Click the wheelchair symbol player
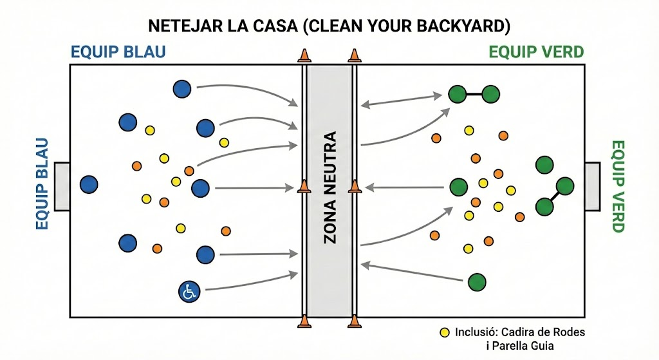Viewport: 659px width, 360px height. (x=189, y=292)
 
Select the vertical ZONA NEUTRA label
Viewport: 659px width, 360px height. (x=329, y=187)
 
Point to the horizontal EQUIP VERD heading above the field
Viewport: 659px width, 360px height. (x=536, y=52)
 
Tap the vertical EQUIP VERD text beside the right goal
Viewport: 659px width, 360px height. (x=617, y=186)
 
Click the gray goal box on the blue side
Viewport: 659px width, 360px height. (x=62, y=187)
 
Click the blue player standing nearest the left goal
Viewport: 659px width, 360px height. (x=89, y=185)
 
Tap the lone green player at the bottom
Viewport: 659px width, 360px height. (x=477, y=282)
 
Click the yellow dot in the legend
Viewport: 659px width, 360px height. (x=444, y=333)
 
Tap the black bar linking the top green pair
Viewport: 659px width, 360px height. (x=474, y=94)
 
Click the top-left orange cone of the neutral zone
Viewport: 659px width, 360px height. (x=304, y=56)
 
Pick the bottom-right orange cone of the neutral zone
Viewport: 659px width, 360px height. (x=353, y=321)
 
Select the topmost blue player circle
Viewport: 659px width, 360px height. (x=182, y=90)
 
